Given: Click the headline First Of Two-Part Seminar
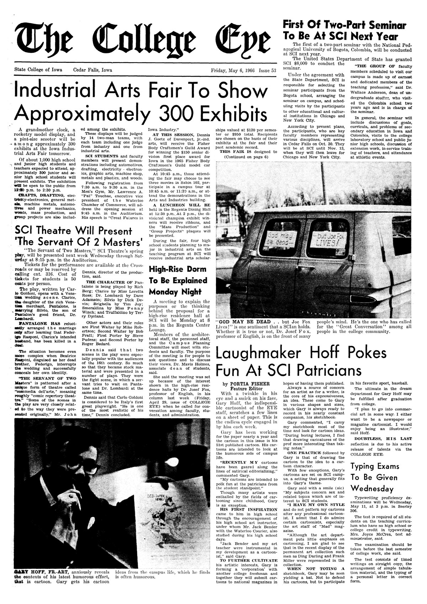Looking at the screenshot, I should [x=344, y=26].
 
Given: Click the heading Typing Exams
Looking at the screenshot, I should [x=375, y=466].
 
